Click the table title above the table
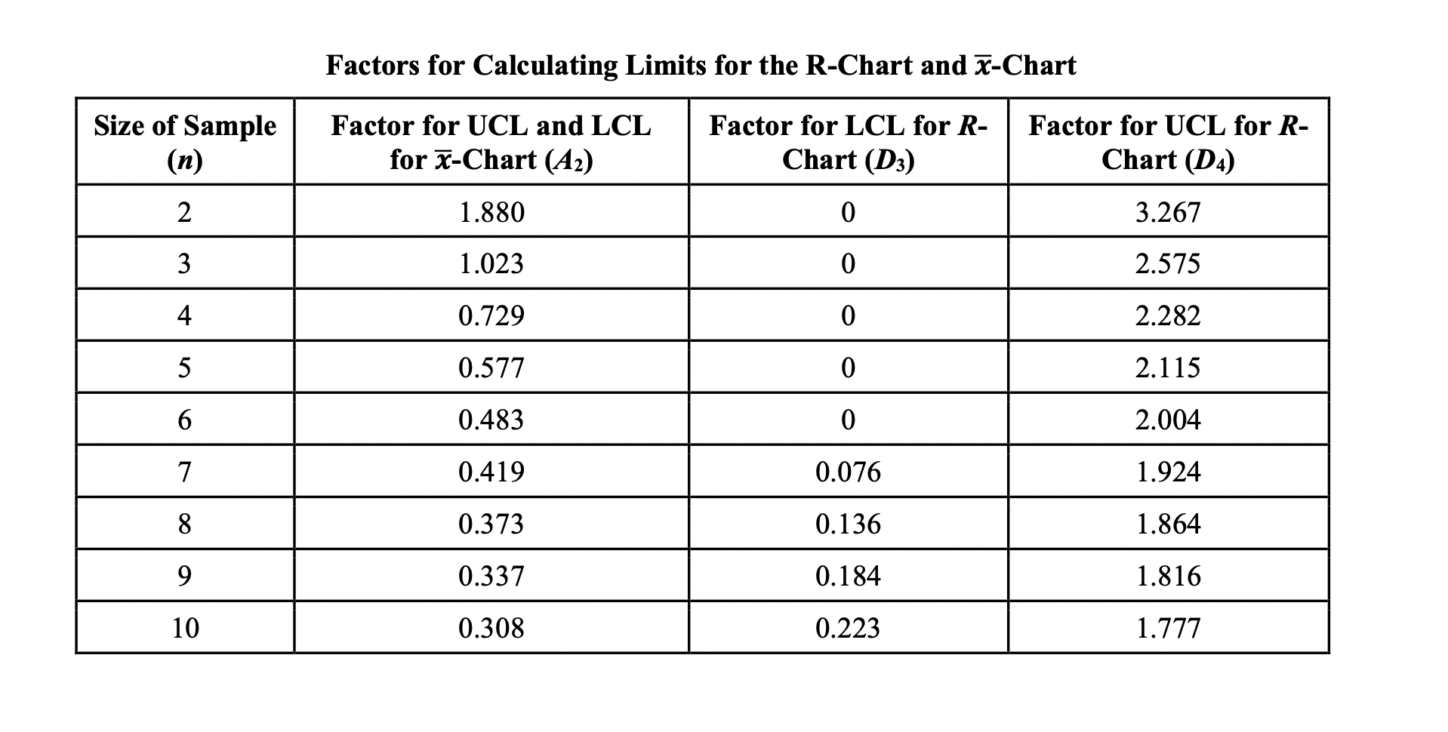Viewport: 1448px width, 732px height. (701, 66)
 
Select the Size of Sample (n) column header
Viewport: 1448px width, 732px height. (185, 142)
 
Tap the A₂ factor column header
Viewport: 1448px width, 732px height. (491, 142)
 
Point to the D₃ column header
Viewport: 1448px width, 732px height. (848, 142)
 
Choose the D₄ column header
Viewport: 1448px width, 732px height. (1168, 142)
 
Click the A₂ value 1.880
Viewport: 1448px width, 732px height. (491, 212)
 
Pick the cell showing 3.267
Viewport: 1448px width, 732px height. (1168, 212)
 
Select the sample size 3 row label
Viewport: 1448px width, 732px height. (184, 264)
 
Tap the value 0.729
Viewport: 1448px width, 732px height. (491, 315)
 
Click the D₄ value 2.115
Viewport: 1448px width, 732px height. (1168, 368)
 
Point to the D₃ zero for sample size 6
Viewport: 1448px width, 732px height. (848, 420)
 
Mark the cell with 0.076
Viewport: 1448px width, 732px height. (848, 472)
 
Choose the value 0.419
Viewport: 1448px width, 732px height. (491, 472)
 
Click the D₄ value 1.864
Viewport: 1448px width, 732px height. (1168, 524)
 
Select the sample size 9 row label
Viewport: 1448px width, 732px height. (184, 576)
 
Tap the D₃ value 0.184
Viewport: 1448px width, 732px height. (848, 576)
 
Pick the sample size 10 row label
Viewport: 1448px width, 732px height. (185, 628)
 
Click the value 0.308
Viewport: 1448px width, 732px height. (491, 628)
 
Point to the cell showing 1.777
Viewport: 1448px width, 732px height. (1168, 628)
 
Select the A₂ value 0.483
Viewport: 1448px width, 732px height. (491, 420)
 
